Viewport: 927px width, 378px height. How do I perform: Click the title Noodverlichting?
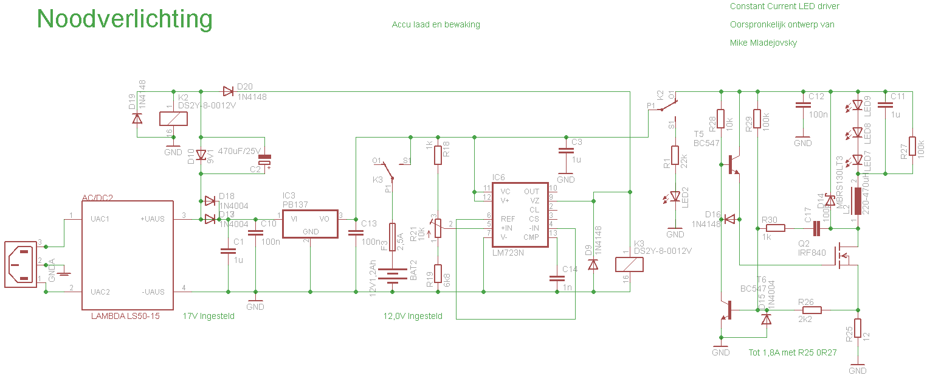(x=125, y=19)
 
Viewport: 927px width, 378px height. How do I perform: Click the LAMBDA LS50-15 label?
(x=125, y=316)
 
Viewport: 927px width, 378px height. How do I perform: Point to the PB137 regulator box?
(x=310, y=225)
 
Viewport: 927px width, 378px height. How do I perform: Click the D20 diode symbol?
(x=229, y=91)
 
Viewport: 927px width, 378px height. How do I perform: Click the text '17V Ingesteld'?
(x=208, y=316)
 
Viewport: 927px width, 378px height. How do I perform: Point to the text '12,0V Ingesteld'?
(x=413, y=316)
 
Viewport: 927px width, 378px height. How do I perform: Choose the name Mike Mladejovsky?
(x=763, y=43)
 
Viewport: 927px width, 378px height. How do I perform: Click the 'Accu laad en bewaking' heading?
(x=436, y=24)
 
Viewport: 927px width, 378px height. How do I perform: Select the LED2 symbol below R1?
(x=675, y=197)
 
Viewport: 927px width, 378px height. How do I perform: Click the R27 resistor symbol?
(x=912, y=148)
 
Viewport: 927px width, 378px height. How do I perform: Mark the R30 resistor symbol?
(x=775, y=228)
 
